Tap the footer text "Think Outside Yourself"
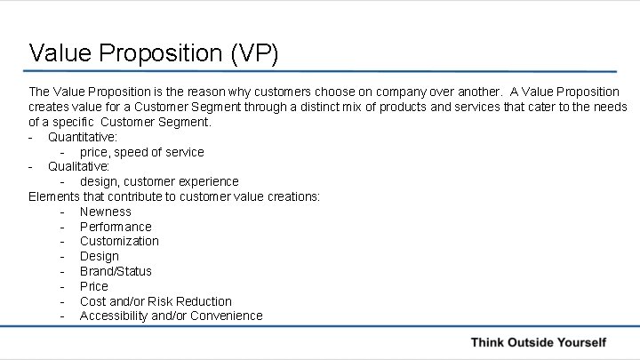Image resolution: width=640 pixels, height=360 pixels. coord(538,342)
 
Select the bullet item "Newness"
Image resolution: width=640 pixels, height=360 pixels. coord(105,212)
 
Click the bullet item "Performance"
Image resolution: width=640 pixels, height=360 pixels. coord(116,227)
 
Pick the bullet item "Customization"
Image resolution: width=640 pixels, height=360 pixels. coord(119,241)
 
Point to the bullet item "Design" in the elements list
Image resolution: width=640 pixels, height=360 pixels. coord(99,256)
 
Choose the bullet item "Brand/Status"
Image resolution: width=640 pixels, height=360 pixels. coord(116,271)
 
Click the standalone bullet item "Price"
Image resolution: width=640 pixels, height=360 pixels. coord(93,286)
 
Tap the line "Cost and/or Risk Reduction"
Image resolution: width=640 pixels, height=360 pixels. coord(156,301)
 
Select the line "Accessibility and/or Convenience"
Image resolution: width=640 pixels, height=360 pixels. coord(171,316)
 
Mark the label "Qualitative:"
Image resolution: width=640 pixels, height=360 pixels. coord(78,166)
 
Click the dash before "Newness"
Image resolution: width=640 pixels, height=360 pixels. coord(61,212)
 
